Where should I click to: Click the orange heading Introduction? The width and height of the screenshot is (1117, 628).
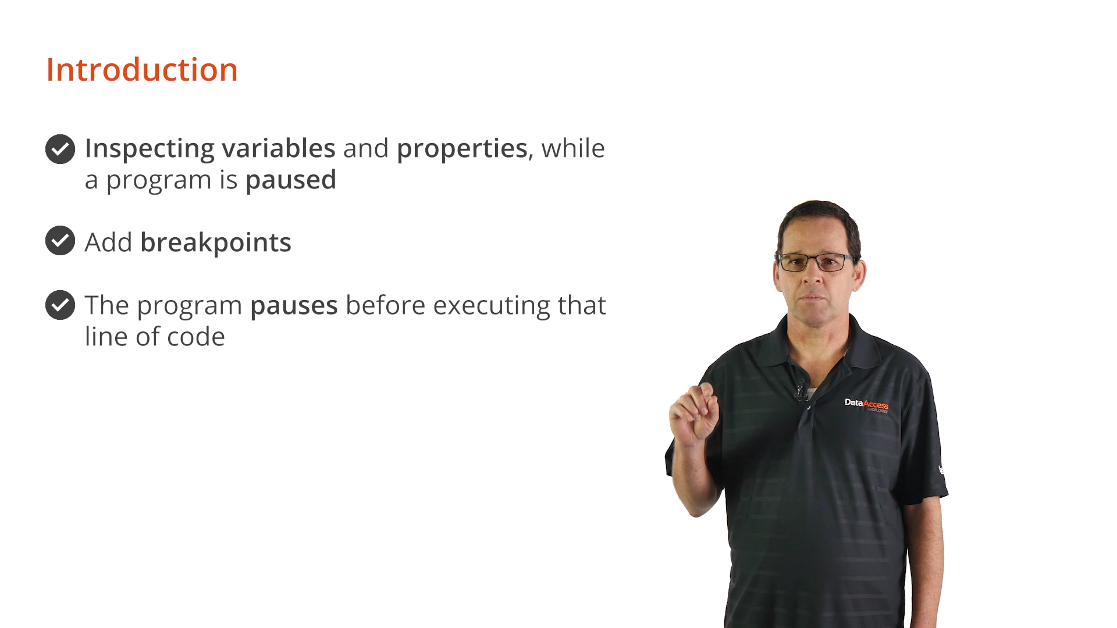[x=142, y=70]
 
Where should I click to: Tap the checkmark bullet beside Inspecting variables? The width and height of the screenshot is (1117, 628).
[x=60, y=149]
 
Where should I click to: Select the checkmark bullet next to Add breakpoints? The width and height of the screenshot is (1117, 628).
[x=60, y=241]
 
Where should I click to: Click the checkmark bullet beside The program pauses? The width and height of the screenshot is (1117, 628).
[x=60, y=305]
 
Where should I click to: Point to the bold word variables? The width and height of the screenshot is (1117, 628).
[x=279, y=148]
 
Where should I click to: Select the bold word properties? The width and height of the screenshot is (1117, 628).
[x=462, y=149]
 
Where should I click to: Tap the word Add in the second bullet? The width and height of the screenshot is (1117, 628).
[x=109, y=242]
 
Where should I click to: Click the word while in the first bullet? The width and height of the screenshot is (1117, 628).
[x=573, y=148]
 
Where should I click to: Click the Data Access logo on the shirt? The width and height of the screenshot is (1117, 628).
[x=866, y=405]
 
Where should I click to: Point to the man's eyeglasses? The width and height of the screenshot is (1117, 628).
[x=816, y=262]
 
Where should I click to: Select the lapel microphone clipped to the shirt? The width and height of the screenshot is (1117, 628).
[x=801, y=390]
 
